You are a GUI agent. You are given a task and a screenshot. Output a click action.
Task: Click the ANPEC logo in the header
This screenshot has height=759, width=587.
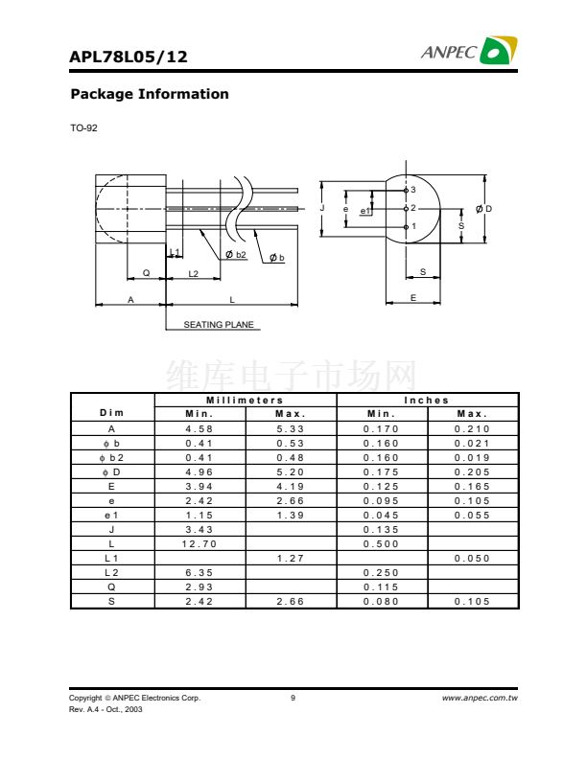[469, 51]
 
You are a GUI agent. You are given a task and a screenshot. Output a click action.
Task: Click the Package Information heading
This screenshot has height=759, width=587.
[150, 94]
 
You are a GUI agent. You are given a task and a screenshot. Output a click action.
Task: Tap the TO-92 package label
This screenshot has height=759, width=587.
[83, 128]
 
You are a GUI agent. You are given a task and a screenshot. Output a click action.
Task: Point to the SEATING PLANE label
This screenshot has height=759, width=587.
[219, 325]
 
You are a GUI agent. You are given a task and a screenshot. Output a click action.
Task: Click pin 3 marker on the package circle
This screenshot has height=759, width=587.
[406, 191]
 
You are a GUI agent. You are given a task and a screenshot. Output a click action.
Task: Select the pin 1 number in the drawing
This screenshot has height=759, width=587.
[413, 226]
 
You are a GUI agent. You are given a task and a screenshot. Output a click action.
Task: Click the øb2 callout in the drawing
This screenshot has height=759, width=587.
[236, 255]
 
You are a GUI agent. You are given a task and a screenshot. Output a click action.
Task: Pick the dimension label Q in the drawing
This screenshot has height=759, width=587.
[146, 273]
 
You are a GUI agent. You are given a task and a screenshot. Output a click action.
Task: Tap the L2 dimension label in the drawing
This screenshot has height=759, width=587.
[193, 274]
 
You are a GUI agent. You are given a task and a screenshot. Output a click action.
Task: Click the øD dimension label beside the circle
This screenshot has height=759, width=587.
[483, 209]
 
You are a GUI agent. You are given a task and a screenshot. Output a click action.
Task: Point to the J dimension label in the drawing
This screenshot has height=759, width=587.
[322, 208]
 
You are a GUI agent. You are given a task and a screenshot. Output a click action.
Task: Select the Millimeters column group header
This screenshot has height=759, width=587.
[245, 401]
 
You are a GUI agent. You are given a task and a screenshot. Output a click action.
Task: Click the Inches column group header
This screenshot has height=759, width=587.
[426, 401]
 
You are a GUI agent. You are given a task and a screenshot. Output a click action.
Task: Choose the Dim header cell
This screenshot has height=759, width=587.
[112, 413]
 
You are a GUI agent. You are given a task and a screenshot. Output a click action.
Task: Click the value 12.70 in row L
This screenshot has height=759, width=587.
[200, 544]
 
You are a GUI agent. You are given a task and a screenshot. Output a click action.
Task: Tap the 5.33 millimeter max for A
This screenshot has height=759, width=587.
[290, 429]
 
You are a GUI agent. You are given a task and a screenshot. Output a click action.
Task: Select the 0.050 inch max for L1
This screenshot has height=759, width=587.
[472, 559]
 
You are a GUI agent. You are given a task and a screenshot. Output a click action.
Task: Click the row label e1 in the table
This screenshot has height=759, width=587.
[111, 516]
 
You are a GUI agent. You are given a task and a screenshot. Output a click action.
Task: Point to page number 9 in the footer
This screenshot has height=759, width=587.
[293, 698]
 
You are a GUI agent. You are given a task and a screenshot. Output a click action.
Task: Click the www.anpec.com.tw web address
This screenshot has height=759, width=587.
[480, 698]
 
